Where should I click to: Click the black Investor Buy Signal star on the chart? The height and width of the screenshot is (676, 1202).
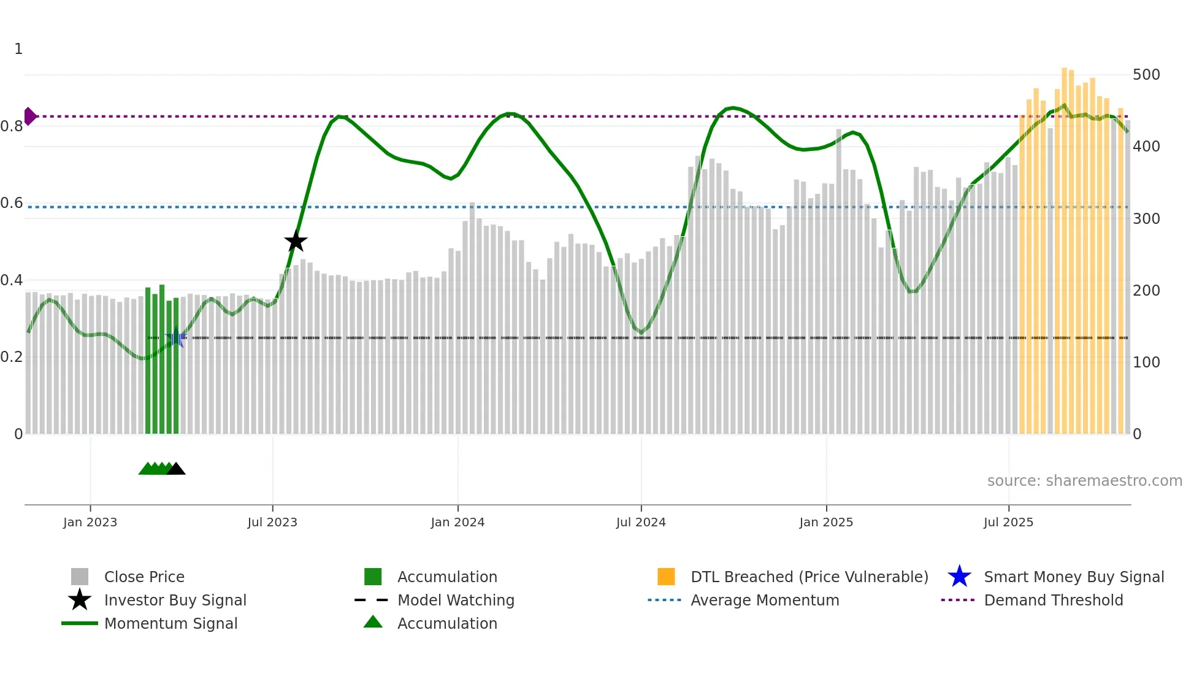coord(296,241)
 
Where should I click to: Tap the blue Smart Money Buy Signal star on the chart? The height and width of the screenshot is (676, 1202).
coord(176,337)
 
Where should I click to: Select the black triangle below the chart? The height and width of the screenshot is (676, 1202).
coord(176,469)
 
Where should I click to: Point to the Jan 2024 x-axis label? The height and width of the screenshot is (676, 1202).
coord(457,523)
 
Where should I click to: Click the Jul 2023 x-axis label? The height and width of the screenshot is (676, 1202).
coord(272,523)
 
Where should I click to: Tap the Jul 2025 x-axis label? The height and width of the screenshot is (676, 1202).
coord(1008,523)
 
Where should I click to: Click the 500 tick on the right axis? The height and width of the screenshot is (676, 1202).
coord(1146,75)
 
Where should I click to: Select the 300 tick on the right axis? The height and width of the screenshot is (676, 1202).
coord(1146,219)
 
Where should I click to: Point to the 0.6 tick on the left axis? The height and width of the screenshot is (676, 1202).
coord(12,203)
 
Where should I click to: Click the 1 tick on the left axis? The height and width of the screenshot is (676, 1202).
coord(18,49)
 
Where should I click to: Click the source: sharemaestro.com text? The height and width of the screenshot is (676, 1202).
coord(1084,481)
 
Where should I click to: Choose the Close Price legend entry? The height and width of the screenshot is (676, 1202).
coord(144,577)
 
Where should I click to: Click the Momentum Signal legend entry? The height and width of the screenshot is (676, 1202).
coord(170,624)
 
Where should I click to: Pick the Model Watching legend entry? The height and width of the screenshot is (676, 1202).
coord(456,601)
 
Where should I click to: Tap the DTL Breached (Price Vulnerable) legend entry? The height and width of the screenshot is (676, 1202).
coord(809,577)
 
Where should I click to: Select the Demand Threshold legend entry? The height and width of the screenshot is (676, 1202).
coord(1053,601)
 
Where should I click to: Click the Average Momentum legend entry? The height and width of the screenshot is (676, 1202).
coord(765,601)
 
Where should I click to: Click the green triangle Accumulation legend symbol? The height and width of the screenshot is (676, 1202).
coord(373,623)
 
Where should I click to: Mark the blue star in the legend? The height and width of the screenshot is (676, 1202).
coord(959,577)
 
